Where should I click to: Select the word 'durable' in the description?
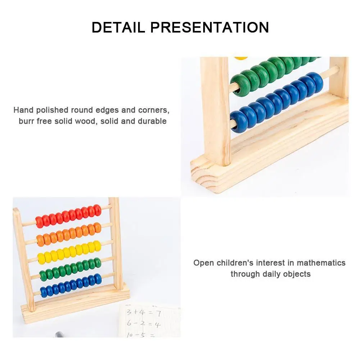pyautogui.click(x=152, y=121)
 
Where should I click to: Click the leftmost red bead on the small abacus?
pyautogui.click(x=39, y=222)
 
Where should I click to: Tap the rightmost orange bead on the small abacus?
pyautogui.click(x=97, y=227)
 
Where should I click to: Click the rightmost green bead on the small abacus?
pyautogui.click(x=97, y=263)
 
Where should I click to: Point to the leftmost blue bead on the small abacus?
pyautogui.click(x=44, y=292)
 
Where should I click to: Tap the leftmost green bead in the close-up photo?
pyautogui.click(x=240, y=85)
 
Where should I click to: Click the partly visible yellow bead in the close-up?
pyautogui.click(x=241, y=58)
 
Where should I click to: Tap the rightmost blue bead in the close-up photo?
pyautogui.click(x=315, y=82)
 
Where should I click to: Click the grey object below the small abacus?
pyautogui.click(x=60, y=335)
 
